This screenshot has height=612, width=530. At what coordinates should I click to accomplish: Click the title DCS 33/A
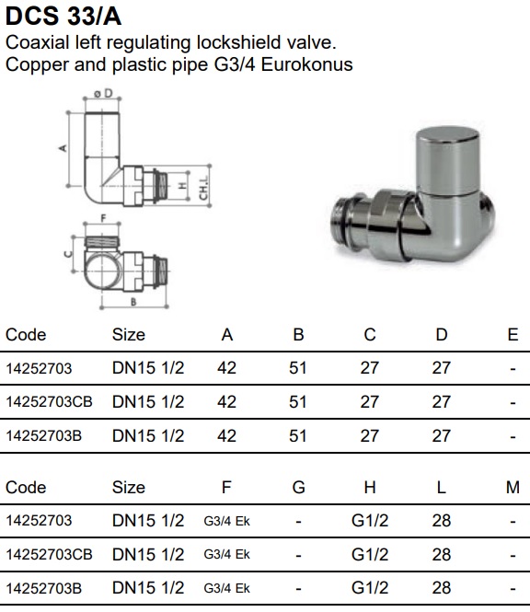coord(63,16)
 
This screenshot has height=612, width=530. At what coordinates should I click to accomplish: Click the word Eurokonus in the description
coord(306,64)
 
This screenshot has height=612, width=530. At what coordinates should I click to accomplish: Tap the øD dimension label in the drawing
coord(103,94)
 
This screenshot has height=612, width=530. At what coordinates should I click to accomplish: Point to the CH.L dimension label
coord(203,187)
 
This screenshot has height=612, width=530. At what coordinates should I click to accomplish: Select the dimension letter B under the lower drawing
coord(133,302)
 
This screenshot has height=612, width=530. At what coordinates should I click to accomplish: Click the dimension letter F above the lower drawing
coord(103,218)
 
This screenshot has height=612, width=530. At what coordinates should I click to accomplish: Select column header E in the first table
coord(513,335)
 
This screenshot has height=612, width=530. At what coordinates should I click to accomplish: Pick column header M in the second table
coord(513,488)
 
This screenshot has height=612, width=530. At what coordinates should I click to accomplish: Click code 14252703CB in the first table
coord(49,402)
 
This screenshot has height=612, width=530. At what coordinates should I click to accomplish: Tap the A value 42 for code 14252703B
coord(226,436)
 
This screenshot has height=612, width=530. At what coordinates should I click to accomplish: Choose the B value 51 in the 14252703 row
coord(298,368)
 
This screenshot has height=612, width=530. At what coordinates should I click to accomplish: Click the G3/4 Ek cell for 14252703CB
coord(226,555)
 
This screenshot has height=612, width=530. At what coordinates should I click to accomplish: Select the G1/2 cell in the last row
coord(370,588)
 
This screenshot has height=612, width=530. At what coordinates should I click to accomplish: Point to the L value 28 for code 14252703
coord(442,521)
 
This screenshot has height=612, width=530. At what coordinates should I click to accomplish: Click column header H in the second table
coord(370,488)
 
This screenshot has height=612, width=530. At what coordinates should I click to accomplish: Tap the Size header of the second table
coord(129,488)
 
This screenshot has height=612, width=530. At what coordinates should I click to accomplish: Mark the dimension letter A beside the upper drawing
coord(63,148)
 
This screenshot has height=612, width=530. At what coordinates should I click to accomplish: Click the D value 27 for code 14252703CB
coord(442,402)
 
